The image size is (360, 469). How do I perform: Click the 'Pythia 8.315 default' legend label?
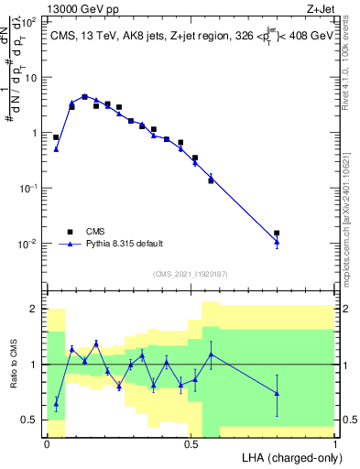pyautogui.click(x=125, y=244)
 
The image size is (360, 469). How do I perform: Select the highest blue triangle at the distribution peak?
pyautogui.click(x=84, y=96)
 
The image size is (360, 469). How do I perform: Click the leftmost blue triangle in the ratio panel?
pyautogui.click(x=56, y=402)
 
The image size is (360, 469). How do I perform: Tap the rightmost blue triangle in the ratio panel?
pyautogui.click(x=277, y=393)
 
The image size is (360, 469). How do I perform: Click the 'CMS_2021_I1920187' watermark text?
pyautogui.click(x=190, y=273)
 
